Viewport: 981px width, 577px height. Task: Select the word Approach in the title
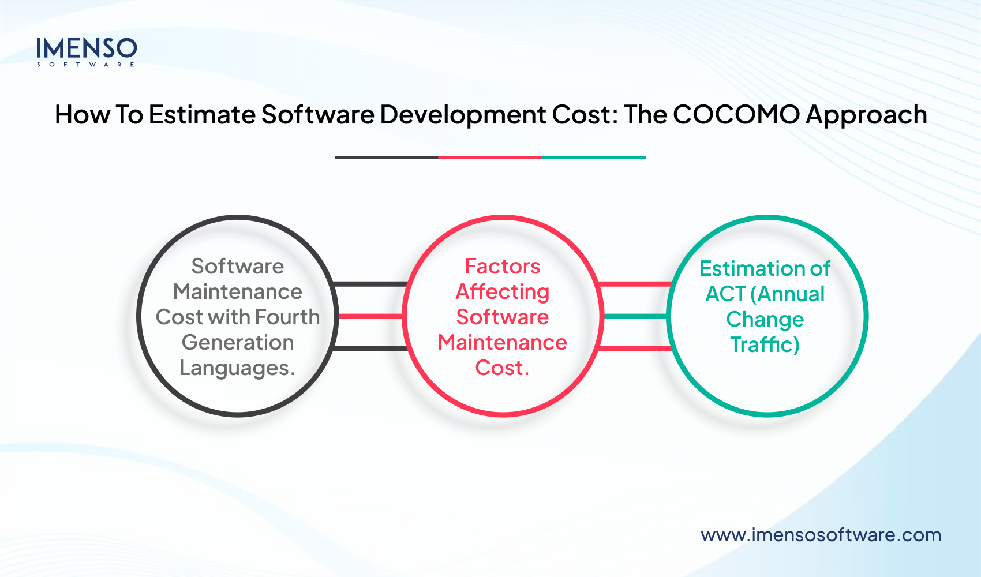tap(866, 115)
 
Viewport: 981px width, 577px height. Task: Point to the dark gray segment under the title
tap(386, 157)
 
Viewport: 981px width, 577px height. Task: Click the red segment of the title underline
tap(490, 157)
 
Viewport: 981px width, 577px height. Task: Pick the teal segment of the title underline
tap(594, 157)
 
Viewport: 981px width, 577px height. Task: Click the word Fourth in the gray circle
tap(287, 317)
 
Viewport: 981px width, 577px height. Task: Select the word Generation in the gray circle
tap(238, 342)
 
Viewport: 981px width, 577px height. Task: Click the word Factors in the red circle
tap(502, 266)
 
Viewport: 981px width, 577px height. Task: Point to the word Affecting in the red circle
tap(502, 292)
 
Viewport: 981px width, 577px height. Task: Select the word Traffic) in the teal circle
tap(765, 344)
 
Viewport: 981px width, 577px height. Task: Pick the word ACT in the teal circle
tap(725, 294)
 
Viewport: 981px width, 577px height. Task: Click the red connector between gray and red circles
tap(371, 316)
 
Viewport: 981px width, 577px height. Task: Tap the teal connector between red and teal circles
tap(635, 316)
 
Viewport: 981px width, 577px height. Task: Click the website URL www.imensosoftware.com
tap(821, 535)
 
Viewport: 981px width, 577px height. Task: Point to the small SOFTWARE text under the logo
tap(86, 65)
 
